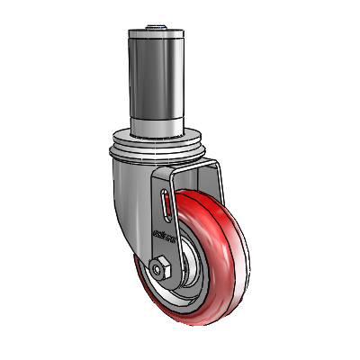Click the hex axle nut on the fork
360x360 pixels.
click(x=160, y=267)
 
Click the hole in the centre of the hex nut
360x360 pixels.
click(x=160, y=267)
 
